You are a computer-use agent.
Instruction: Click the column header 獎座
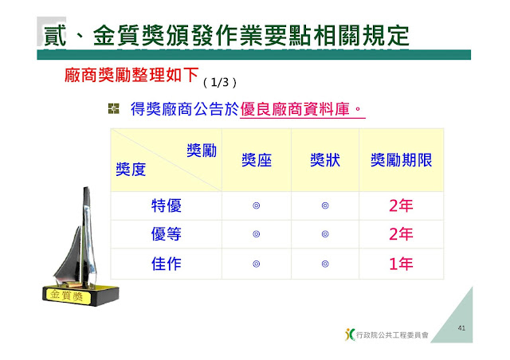tap(257, 160)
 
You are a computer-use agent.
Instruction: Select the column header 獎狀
tap(325, 160)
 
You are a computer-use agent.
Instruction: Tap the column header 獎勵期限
tap(402, 160)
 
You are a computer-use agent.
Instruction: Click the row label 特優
tap(167, 205)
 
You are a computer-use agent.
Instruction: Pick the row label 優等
tap(167, 234)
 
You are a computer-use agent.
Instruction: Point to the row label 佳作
tap(167, 264)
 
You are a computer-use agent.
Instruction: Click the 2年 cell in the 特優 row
tap(401, 205)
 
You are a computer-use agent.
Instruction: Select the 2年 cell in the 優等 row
tap(401, 234)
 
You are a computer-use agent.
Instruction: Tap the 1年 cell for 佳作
tap(401, 264)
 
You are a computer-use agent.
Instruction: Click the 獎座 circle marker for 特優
tap(257, 205)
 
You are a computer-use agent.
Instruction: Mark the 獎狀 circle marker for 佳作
tap(325, 264)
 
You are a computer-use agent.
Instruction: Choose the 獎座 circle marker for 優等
tap(257, 234)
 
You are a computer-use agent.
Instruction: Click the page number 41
tap(461, 328)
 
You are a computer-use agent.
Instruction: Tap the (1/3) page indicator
tap(220, 83)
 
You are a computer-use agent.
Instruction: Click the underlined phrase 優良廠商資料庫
tap(295, 109)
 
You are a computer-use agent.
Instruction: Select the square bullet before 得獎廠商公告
tap(113, 108)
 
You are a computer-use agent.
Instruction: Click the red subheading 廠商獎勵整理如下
tap(131, 75)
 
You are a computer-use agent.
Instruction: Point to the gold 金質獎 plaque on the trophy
tap(66, 295)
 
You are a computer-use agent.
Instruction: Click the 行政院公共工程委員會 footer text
tap(392, 335)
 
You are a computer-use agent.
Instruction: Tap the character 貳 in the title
tap(55, 35)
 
